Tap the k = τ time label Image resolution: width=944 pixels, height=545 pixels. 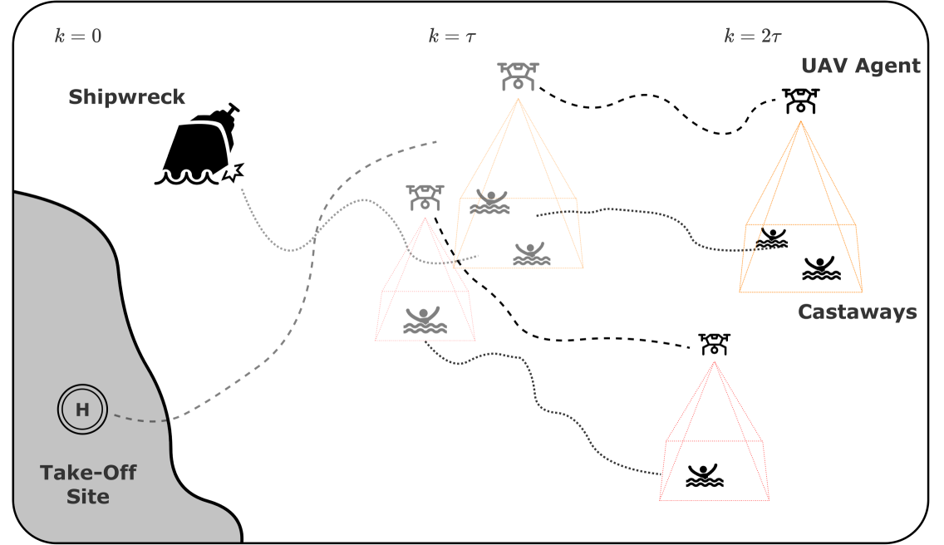click(452, 37)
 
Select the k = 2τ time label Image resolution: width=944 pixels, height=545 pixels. click(753, 37)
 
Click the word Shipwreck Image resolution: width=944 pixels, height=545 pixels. click(126, 97)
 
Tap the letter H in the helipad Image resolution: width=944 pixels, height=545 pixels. click(82, 409)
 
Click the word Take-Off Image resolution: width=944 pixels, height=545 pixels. click(88, 474)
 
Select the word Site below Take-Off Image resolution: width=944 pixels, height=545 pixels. click(88, 497)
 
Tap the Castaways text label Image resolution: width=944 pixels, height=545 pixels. click(857, 312)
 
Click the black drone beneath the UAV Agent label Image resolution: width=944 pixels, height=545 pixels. click(800, 101)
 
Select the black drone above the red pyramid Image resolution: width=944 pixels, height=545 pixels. click(714, 343)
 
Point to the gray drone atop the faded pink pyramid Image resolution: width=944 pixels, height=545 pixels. click(425, 197)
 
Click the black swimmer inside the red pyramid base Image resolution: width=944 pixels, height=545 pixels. click(706, 475)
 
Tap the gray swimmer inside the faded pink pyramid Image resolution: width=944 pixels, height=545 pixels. click(425, 321)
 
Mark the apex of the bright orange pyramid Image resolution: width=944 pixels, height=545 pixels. click(801, 121)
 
